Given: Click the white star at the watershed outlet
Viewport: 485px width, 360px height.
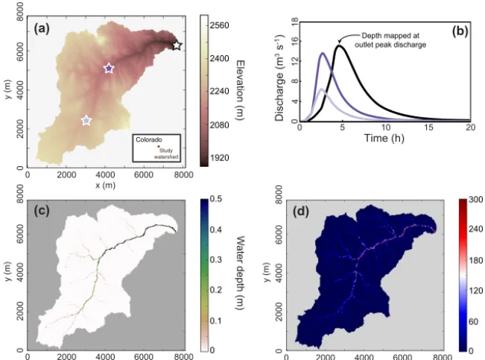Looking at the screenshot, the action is click(177, 45).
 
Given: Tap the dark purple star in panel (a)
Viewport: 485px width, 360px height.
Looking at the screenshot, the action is click(109, 69).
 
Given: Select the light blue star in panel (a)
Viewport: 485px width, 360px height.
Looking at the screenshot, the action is click(86, 121).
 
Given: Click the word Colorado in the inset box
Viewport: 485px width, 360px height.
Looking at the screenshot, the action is click(149, 139).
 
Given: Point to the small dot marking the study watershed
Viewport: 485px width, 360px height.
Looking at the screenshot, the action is click(159, 146).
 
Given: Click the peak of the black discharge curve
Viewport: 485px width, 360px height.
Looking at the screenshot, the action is click(339, 45).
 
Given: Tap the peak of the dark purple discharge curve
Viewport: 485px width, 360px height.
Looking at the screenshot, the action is click(323, 53).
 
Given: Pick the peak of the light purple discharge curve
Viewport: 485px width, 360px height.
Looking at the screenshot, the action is click(322, 89).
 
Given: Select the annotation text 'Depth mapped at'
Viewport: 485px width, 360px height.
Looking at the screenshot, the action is click(390, 36).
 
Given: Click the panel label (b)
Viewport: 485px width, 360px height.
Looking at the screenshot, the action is click(460, 31).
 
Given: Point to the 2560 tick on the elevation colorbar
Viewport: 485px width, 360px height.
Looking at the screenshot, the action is click(219, 25).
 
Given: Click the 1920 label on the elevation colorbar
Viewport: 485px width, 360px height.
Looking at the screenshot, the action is click(219, 158).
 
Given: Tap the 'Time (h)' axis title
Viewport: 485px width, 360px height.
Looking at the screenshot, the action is click(384, 138).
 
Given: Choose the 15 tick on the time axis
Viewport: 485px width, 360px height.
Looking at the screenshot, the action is click(428, 127).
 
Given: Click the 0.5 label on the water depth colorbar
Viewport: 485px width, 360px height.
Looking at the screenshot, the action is click(215, 198).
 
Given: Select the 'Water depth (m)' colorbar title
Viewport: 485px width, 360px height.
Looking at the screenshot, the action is click(241, 273).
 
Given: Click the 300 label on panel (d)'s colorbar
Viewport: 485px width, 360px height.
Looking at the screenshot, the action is click(476, 200).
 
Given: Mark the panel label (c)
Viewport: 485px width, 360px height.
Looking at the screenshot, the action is click(42, 211).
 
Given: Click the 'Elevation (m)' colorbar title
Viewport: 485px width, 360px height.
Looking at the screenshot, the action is click(241, 90).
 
